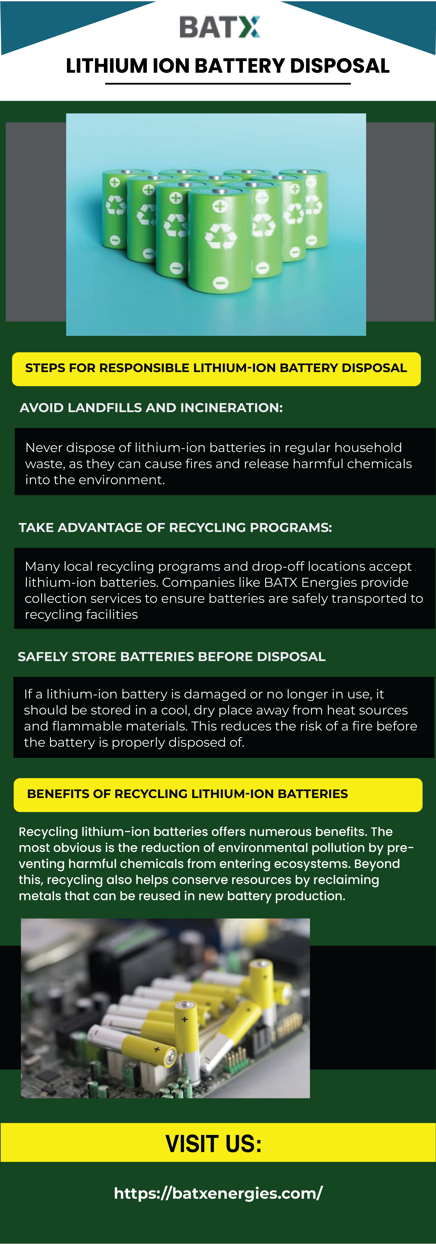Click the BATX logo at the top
point(219,27)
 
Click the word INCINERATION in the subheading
point(231,408)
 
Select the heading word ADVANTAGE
point(100,527)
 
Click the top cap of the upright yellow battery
point(185,1005)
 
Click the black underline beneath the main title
point(228,83)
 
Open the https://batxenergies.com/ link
point(218,1193)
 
